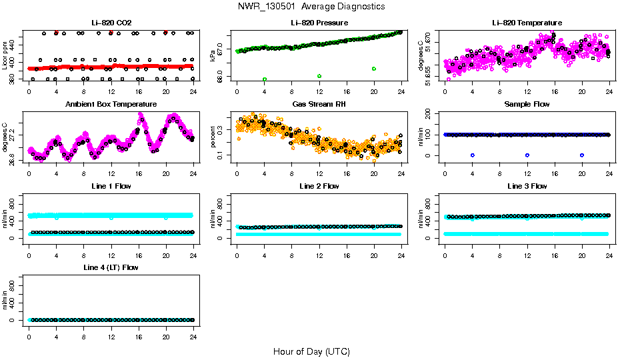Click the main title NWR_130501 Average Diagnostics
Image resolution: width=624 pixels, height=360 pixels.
click(x=311, y=6)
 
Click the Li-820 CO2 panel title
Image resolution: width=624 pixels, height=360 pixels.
click(x=111, y=23)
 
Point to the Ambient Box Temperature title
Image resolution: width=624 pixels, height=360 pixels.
click(x=111, y=104)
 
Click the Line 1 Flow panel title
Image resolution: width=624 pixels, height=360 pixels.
click(x=111, y=186)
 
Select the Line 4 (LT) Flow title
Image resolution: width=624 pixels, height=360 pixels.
click(x=111, y=267)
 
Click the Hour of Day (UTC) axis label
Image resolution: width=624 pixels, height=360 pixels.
click(x=311, y=351)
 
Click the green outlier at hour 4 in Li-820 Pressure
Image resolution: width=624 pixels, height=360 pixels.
click(x=265, y=79)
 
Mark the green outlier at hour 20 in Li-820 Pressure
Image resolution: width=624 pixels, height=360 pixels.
click(x=374, y=69)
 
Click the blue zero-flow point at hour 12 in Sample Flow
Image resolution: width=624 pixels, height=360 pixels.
click(x=527, y=155)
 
